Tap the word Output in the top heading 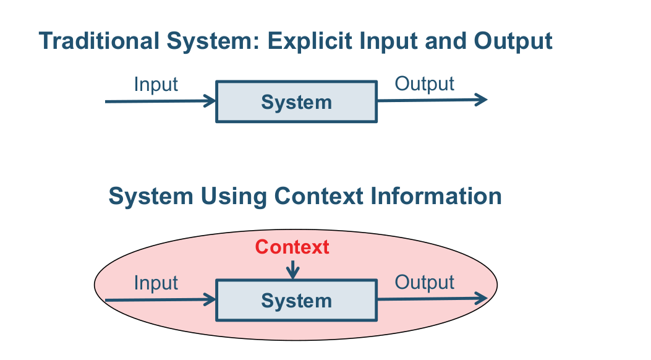click(513, 41)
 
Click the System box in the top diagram click(296, 101)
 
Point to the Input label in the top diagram click(156, 84)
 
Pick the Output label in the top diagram click(424, 84)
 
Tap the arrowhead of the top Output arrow click(482, 100)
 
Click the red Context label click(292, 247)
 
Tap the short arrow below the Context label click(293, 270)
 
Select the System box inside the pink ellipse click(296, 301)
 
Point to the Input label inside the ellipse click(156, 283)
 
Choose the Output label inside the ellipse click(424, 283)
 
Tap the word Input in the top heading click(375, 41)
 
